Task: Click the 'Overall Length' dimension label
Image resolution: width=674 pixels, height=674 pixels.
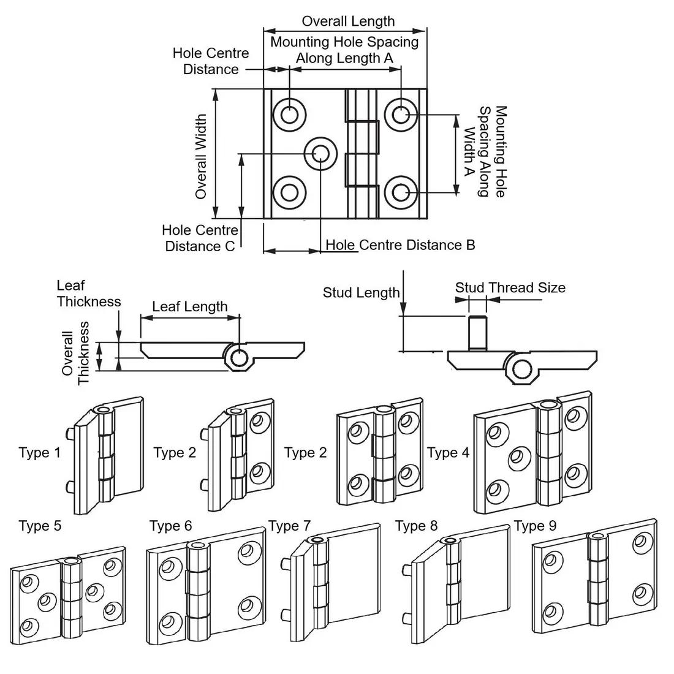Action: pyautogui.click(x=348, y=21)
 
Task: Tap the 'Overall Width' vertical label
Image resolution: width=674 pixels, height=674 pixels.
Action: pyautogui.click(x=201, y=156)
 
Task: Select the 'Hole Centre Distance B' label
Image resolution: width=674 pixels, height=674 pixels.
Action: pyautogui.click(x=400, y=245)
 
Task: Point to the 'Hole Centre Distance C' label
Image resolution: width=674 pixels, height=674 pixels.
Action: pyautogui.click(x=200, y=238)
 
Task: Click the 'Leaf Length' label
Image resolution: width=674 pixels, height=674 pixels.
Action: pyautogui.click(x=190, y=306)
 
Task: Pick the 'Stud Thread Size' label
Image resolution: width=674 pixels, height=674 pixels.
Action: pyautogui.click(x=510, y=287)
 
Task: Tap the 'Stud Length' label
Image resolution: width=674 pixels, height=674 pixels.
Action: pyautogui.click(x=361, y=293)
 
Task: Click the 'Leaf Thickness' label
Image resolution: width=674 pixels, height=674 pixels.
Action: pyautogui.click(x=89, y=293)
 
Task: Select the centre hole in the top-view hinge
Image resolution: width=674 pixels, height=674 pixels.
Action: pyautogui.click(x=320, y=153)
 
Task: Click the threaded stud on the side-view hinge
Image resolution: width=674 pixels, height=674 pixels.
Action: pyautogui.click(x=477, y=332)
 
